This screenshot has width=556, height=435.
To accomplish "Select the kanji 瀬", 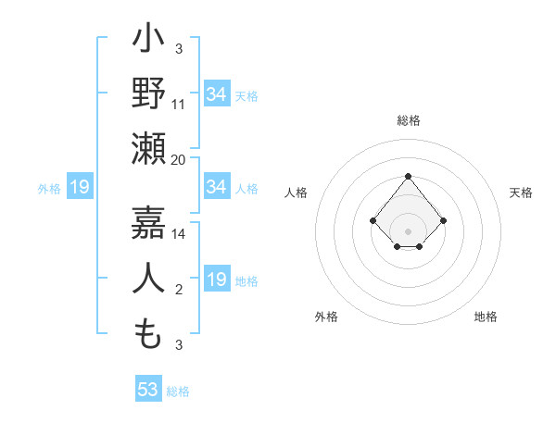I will click(x=149, y=148).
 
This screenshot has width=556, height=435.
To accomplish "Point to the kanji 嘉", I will click(x=149, y=222).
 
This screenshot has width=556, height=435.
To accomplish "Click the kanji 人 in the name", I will click(x=149, y=278).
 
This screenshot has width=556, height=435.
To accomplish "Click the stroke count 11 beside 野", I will click(x=179, y=104).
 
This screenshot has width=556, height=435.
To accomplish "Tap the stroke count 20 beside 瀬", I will click(x=179, y=159).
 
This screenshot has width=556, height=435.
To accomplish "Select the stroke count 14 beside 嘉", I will click(x=179, y=234).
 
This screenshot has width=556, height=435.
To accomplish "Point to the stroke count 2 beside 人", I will click(x=179, y=290).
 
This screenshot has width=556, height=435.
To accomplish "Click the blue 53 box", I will click(x=148, y=390).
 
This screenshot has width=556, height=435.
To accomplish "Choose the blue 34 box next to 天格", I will click(x=217, y=94).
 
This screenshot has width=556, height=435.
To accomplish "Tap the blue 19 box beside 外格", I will click(x=80, y=188).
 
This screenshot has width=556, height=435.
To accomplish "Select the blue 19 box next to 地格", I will click(x=217, y=280).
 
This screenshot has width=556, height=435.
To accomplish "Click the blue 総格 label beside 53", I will click(x=178, y=391).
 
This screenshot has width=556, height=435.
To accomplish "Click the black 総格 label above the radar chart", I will click(x=409, y=120).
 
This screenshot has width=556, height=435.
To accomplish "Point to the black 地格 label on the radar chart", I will click(x=486, y=317).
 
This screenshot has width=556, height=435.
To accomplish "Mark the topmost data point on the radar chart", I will click(x=408, y=176).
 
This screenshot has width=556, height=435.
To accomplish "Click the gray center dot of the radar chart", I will click(x=408, y=230).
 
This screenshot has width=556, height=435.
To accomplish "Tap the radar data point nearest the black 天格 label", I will click(x=444, y=220).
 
